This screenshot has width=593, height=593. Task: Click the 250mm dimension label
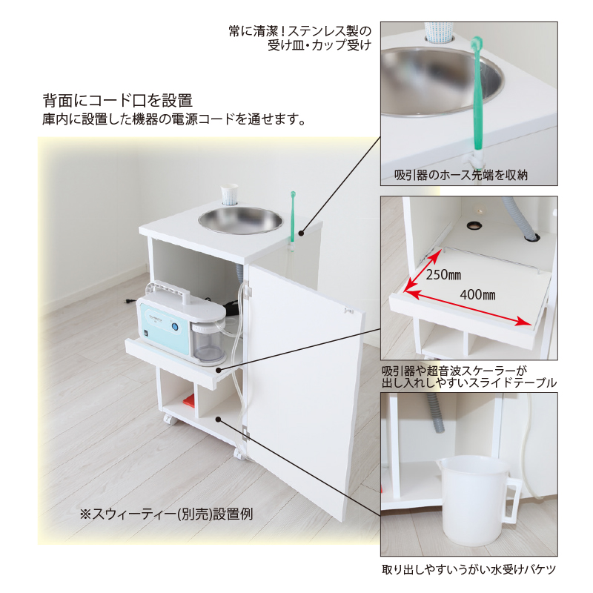[444, 274]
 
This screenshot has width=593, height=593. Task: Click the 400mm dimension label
[478, 294]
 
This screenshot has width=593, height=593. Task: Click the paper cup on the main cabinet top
[230, 195]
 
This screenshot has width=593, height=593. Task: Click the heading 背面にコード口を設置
[118, 100]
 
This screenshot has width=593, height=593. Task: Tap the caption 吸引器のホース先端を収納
[460, 175]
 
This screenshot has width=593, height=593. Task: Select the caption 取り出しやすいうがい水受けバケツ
[468, 570]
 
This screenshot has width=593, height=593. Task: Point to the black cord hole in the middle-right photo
[474, 223]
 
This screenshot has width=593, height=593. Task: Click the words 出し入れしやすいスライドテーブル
[469, 382]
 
